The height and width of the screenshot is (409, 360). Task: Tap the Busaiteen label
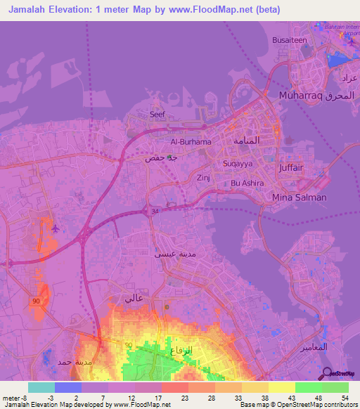pyautogui.click(x=290, y=41)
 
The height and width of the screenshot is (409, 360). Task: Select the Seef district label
pyautogui.click(x=157, y=113)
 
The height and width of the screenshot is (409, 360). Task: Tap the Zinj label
pyautogui.click(x=204, y=178)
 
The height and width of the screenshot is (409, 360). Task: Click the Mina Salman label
pyautogui.click(x=300, y=197)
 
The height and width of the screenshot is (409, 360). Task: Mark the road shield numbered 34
pyautogui.click(x=155, y=210)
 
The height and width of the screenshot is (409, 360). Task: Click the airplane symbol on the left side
pyautogui.click(x=56, y=228)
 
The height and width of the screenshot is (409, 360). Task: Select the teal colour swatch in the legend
pyautogui.click(x=41, y=387)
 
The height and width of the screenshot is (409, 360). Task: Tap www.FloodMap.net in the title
pyautogui.click(x=214, y=9)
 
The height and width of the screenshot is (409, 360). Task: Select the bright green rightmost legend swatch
pyautogui.click(x=335, y=387)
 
